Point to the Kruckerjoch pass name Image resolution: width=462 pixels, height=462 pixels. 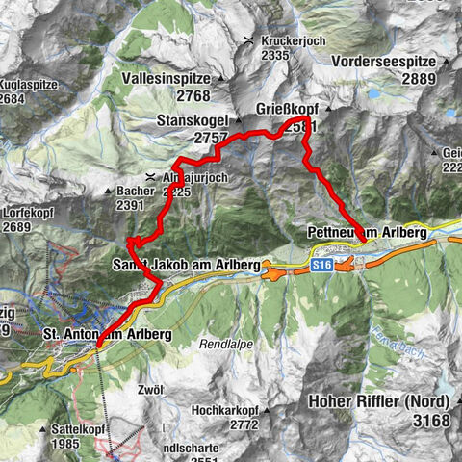289,39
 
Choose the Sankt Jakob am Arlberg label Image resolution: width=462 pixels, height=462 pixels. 187,264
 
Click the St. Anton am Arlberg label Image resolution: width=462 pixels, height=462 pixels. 108,334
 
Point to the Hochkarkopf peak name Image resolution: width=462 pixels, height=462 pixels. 220,410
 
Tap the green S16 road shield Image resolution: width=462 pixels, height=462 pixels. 321,262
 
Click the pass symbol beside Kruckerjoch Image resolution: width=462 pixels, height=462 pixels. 249,39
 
